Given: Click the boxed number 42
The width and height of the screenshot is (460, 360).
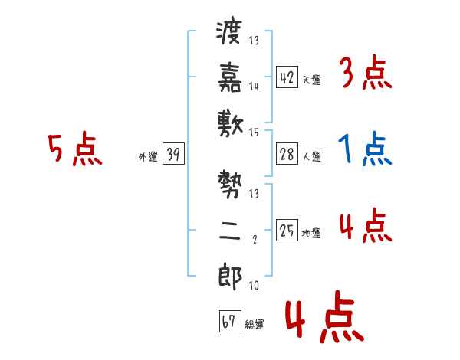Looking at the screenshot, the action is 287,77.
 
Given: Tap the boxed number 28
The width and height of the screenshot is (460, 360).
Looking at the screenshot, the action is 287,154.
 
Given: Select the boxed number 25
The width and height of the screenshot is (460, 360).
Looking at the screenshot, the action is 287,231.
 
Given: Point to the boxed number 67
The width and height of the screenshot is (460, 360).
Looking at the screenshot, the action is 229,322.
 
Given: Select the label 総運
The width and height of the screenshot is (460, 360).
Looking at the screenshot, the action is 255,325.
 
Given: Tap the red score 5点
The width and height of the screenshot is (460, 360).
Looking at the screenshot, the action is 74,149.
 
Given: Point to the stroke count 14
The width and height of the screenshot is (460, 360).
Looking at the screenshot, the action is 254,87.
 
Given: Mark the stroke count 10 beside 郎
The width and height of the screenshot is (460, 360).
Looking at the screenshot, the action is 254,286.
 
